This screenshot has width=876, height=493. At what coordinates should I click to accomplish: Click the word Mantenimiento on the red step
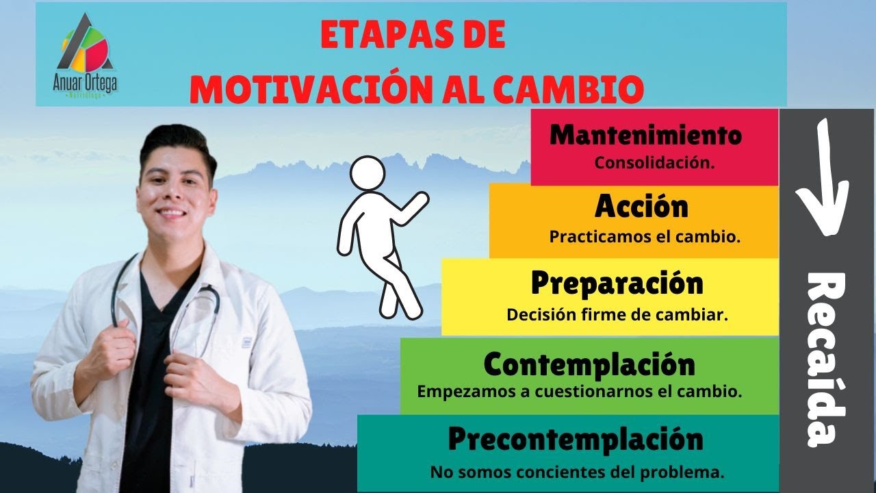(645, 136)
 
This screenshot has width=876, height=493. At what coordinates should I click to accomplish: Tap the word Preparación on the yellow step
(617, 282)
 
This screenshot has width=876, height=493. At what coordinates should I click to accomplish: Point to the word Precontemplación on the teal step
(576, 439)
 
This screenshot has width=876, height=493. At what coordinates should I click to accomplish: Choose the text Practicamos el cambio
(645, 237)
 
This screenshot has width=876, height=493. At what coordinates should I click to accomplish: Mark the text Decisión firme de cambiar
(617, 315)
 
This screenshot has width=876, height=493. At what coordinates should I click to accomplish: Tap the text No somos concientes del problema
(577, 472)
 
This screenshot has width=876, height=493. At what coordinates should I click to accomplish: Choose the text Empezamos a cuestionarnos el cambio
(580, 393)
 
